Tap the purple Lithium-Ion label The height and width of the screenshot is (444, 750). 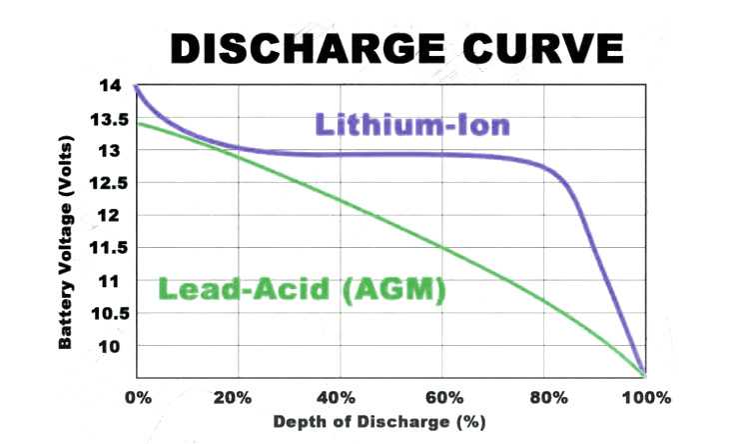point(413,125)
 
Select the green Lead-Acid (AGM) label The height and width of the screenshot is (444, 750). point(301,290)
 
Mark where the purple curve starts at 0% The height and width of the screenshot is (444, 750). point(136,87)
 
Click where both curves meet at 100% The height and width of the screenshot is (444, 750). point(644,372)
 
